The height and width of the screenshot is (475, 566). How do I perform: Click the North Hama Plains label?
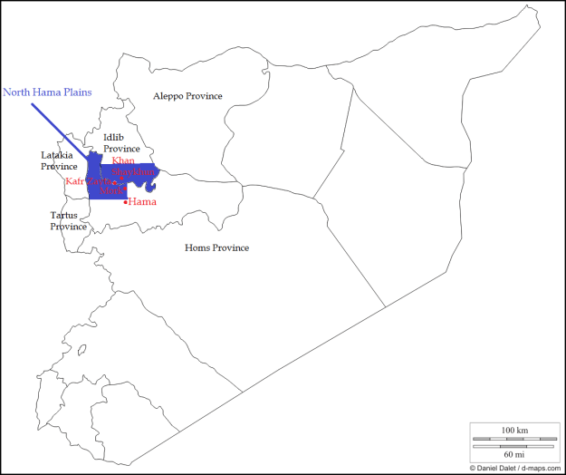point(47,92)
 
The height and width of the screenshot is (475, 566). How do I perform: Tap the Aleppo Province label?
point(187,96)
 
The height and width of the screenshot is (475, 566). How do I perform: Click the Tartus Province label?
point(67,220)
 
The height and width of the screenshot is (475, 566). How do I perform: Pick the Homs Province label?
point(216,247)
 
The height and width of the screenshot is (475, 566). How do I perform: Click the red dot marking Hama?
point(125,201)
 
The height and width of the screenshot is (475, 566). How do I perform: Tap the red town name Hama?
point(142,201)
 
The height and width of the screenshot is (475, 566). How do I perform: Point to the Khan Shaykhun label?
point(131,166)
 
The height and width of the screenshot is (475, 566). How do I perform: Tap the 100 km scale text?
point(513,430)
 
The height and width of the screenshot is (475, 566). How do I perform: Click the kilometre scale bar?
point(513,439)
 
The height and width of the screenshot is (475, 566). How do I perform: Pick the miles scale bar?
point(513,445)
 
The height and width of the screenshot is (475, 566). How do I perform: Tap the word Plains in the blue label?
point(75,92)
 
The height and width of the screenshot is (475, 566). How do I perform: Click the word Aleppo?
point(168,96)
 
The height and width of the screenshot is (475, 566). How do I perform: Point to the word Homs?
point(197,247)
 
